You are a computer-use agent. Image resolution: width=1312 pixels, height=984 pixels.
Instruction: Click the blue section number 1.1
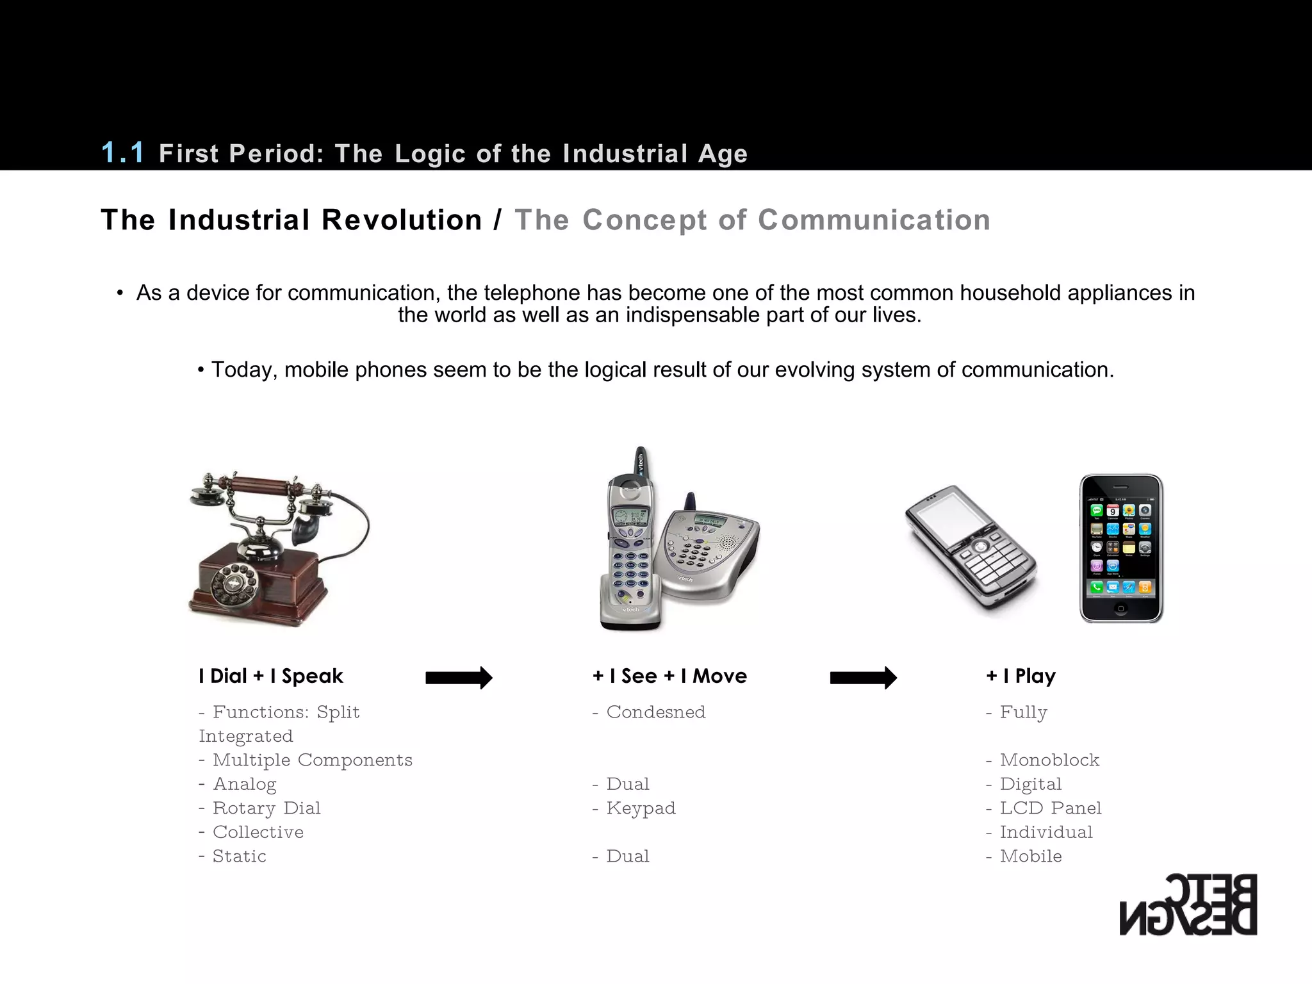click(x=123, y=152)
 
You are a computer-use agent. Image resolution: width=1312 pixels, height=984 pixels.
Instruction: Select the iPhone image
click(x=1121, y=548)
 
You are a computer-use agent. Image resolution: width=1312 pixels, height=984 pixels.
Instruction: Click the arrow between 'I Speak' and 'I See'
click(x=459, y=677)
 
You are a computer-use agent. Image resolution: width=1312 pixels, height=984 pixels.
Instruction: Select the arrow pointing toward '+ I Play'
click(x=863, y=677)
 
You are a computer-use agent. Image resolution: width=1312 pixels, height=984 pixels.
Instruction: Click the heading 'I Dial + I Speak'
click(x=270, y=676)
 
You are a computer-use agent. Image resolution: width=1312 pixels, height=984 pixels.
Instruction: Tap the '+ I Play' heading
click(x=1021, y=676)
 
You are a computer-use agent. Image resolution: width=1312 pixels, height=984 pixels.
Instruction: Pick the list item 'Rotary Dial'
click(x=266, y=808)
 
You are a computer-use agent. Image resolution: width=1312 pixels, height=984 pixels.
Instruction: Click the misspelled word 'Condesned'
click(x=655, y=712)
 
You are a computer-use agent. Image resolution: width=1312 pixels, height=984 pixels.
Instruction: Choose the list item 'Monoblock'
click(x=1049, y=760)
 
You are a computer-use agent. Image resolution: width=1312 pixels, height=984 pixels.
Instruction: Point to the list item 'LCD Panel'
click(x=1050, y=808)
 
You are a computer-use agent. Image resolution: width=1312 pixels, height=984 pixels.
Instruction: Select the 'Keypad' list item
click(x=641, y=808)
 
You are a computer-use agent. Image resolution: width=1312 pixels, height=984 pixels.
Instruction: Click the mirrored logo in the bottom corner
click(x=1188, y=904)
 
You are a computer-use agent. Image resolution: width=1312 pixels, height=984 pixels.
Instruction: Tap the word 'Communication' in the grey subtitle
click(x=874, y=220)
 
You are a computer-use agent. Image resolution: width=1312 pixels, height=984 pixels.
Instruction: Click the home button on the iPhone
click(x=1121, y=609)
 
